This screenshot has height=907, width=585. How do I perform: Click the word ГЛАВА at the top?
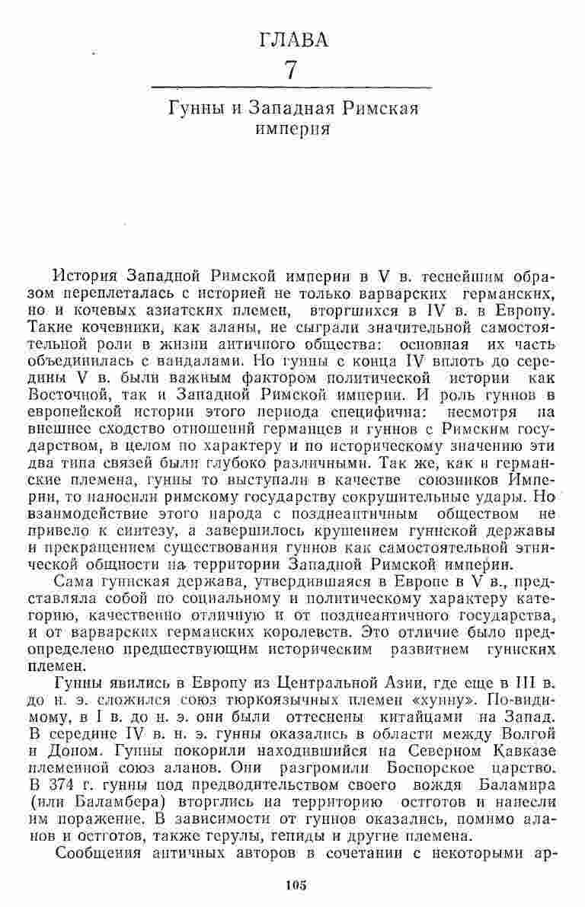[293, 40]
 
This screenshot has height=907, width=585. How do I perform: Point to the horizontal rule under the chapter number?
[292, 89]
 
